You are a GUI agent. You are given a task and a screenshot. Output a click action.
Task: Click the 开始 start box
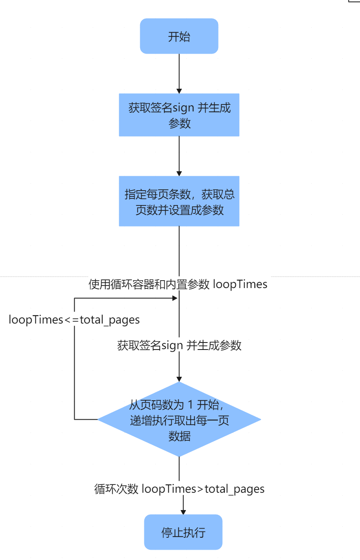[179, 36]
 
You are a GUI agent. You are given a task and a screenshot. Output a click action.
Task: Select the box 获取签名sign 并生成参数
[179, 115]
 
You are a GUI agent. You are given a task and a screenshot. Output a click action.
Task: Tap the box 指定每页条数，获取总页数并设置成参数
[179, 201]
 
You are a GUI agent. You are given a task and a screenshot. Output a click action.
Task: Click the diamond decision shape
[179, 419]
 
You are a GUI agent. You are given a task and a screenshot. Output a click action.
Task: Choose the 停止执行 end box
[183, 532]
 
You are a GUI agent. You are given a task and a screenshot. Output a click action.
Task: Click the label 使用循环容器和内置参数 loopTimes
[178, 284]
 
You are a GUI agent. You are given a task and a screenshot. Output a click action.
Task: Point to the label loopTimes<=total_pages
[74, 320]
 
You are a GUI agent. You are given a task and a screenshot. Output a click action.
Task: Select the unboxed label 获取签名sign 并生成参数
[179, 345]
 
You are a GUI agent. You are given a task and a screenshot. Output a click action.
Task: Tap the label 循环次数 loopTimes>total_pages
[179, 489]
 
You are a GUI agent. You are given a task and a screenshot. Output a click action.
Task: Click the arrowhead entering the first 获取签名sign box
[179, 90]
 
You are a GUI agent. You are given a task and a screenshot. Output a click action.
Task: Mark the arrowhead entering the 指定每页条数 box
[179, 173]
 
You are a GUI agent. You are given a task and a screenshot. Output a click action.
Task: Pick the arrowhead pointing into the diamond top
[179, 378]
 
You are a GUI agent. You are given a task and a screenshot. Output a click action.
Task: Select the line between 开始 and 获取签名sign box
[179, 72]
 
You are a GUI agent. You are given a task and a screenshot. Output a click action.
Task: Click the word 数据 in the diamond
[179, 436]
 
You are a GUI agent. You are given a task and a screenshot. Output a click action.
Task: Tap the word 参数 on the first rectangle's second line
[179, 123]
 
